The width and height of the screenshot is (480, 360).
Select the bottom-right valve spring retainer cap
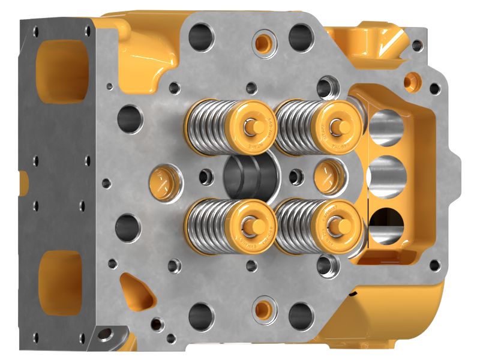337,225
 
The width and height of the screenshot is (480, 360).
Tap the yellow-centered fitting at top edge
262,42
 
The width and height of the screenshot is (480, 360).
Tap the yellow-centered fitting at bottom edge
262,308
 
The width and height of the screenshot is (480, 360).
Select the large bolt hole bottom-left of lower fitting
202,314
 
